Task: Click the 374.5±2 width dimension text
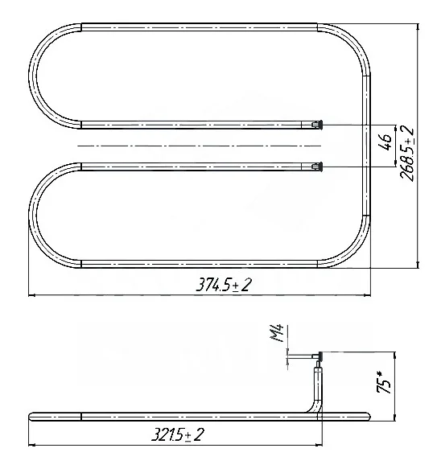223,285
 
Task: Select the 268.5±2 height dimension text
407,154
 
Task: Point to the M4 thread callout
277,333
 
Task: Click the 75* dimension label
384,382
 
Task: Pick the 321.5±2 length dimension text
177,435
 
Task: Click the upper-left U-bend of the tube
32,76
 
